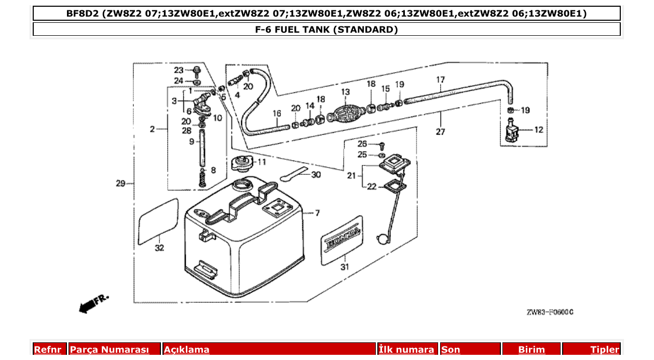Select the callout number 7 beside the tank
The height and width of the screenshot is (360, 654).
pos(317,213)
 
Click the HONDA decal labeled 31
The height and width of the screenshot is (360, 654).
pos(342,239)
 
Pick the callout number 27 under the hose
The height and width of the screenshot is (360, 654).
pos(440,132)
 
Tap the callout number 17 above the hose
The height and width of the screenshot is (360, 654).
pos(440,80)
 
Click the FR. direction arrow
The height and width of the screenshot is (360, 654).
pos(92,304)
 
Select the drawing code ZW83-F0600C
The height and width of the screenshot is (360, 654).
pos(550,312)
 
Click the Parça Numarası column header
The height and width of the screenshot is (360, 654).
pos(110,350)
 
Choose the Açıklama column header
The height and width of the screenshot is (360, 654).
pos(187,350)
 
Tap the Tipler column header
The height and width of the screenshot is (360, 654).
pos(605,350)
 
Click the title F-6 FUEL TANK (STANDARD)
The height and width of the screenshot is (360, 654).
pos(326,30)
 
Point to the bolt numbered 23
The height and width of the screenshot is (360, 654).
pos(196,71)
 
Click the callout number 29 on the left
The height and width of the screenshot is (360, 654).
pos(120,183)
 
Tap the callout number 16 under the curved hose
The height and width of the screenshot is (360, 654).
pos(277,113)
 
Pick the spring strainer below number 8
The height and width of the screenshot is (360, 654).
pos(203,180)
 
